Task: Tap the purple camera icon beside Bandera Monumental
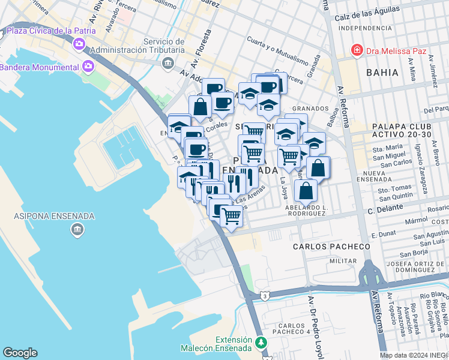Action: pyautogui.click(x=89, y=65)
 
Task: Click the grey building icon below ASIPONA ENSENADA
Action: pyautogui.click(x=76, y=230)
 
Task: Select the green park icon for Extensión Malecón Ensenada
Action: pyautogui.click(x=261, y=343)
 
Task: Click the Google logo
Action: pyautogui.click(x=20, y=352)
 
